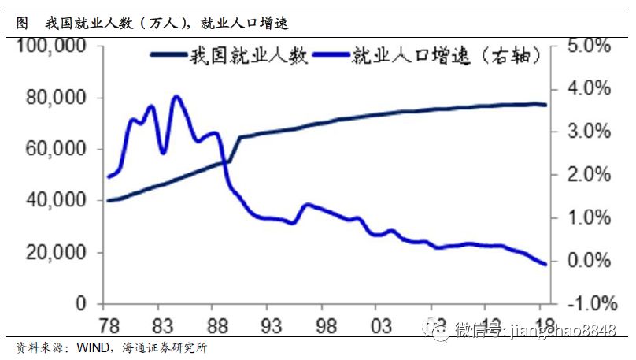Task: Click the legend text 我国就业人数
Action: (x=248, y=56)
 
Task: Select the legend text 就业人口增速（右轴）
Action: (x=446, y=56)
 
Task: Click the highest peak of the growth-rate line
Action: (x=176, y=97)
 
